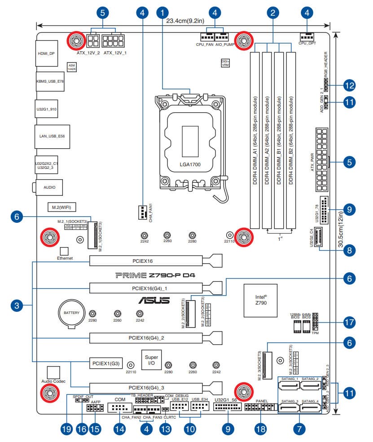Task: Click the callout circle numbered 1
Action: (163, 12)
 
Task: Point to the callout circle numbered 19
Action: (66, 429)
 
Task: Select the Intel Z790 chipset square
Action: (259, 299)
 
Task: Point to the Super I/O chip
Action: (151, 360)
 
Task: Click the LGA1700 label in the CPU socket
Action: (190, 165)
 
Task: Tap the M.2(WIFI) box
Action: (62, 207)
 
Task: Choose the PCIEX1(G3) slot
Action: (105, 363)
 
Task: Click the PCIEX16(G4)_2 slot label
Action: (146, 337)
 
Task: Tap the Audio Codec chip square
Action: (53, 371)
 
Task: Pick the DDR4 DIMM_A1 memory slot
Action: (255, 140)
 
